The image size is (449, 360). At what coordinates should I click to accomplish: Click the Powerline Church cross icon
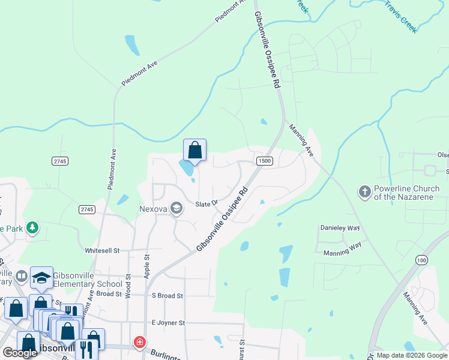coord(364,192)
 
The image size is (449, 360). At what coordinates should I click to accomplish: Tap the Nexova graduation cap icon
coord(176,208)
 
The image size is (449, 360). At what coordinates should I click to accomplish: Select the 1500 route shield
coord(265,161)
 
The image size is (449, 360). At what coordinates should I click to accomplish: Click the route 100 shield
coord(421,260)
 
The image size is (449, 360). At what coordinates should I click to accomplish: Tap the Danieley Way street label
coord(340,228)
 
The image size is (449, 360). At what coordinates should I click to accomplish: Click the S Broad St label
coord(167,295)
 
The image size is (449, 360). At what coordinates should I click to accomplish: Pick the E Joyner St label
coord(168,323)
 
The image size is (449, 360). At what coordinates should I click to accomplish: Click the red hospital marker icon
coord(139,342)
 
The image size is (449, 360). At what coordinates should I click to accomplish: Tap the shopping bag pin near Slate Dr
coord(194,150)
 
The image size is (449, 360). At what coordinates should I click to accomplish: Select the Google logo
coord(20,353)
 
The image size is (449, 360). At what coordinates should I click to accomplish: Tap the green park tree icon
coord(32,228)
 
